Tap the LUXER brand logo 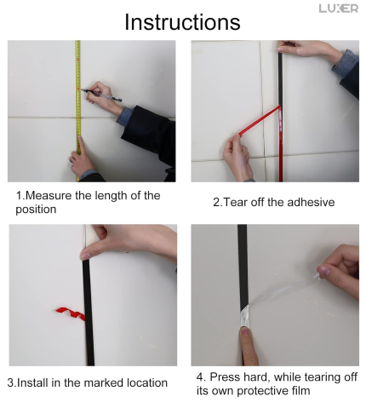339,9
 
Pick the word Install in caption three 34,383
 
